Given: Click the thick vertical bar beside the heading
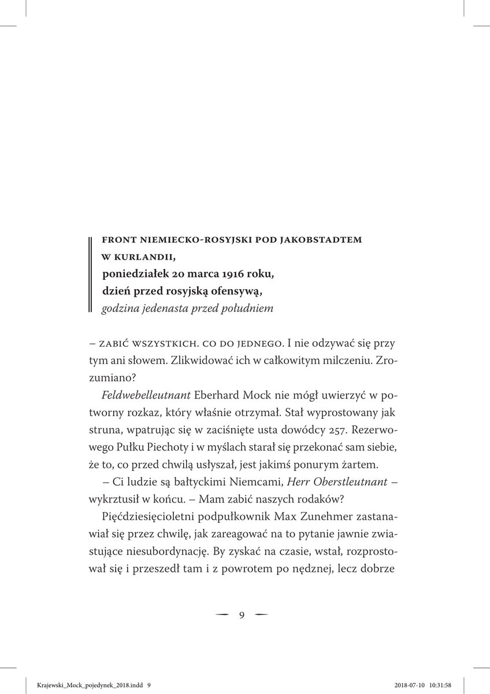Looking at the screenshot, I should pos(91,274).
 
